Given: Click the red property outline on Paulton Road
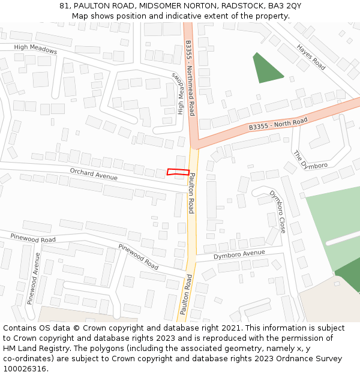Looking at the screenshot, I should [178, 172].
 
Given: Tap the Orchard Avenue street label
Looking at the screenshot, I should [94, 174].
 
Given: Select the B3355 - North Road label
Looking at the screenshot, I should [278, 124].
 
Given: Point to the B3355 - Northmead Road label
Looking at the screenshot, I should [190, 78].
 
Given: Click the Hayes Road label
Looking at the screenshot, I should [311, 56].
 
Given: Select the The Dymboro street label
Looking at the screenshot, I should [310, 160].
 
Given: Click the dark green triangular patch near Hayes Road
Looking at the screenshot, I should [265, 69].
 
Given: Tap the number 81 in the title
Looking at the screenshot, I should [64, 5].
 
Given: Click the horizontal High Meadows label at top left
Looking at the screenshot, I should [35, 50].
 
